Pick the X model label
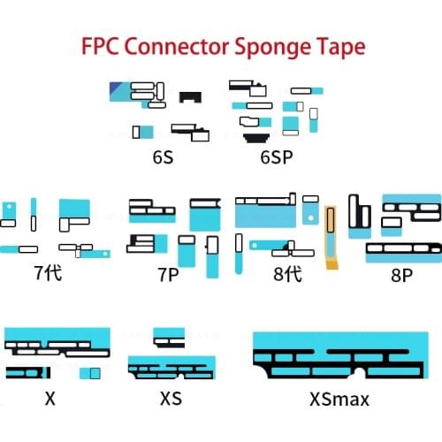(x=50, y=399)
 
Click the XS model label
(x=171, y=399)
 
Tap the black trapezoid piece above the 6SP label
(x=257, y=137)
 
